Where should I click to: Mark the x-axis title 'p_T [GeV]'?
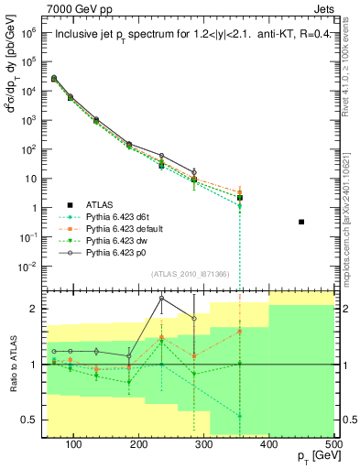tap(312, 458)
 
